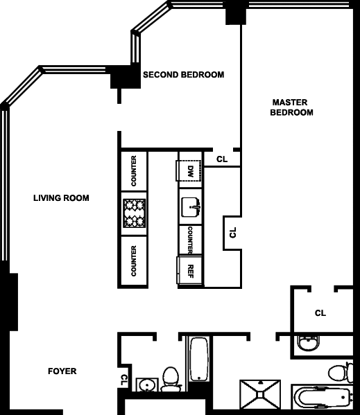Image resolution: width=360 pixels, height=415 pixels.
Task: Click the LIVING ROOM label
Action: coord(61,198)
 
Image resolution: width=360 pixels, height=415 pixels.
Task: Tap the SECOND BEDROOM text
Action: coord(184,75)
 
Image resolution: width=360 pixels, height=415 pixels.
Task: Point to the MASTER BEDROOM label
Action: coord(291,107)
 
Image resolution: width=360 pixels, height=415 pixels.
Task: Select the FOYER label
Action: coord(62,371)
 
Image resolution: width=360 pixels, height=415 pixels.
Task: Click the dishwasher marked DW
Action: coord(189,170)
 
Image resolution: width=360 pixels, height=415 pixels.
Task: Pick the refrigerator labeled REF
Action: coord(189,270)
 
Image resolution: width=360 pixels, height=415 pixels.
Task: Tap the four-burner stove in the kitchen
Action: coord(135,213)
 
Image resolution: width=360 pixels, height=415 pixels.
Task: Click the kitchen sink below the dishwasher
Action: coord(191,207)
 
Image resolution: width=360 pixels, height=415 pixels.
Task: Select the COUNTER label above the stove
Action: coord(134,170)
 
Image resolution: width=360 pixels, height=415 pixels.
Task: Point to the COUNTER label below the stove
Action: coord(134,261)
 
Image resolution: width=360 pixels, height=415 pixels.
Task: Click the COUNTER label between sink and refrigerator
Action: coord(190,240)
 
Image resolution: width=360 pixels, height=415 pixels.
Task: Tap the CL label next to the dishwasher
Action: coord(222,159)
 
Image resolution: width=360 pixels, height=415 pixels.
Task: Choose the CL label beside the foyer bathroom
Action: coord(124,380)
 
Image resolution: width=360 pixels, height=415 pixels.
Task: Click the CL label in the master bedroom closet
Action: coord(320,313)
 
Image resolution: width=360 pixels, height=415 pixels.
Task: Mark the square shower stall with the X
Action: coord(260,395)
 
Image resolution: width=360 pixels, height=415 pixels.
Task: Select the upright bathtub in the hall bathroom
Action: coord(199,359)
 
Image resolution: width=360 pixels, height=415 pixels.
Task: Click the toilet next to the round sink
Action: coord(171,379)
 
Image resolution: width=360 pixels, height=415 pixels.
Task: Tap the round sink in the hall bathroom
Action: coord(147,385)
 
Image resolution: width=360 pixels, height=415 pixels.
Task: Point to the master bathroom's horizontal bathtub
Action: coord(322,397)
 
